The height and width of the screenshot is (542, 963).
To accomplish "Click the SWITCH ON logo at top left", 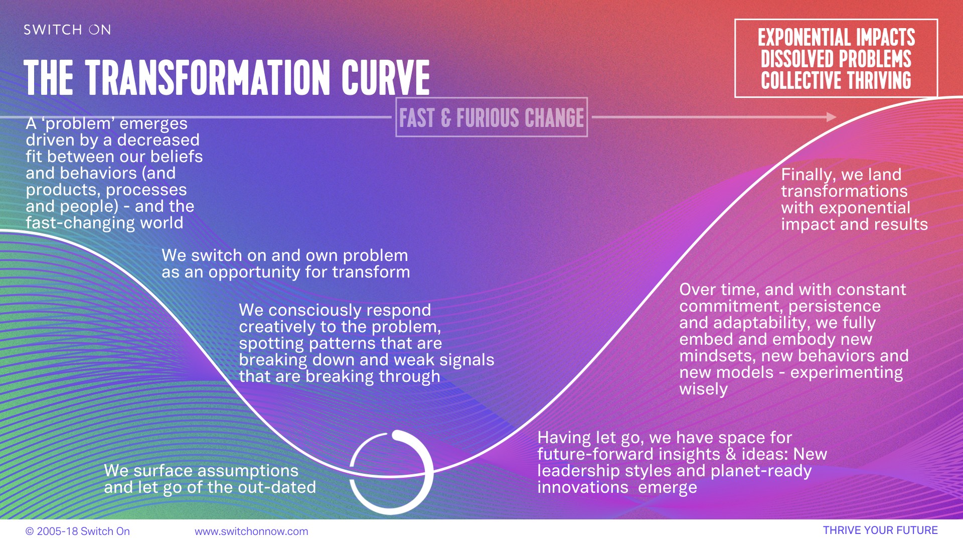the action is pos(67,30).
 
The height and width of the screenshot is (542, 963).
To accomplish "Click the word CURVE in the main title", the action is pos(386,78).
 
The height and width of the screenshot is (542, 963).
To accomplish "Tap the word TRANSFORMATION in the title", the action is pos(208,78).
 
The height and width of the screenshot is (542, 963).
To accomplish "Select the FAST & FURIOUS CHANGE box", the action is pos(492,117).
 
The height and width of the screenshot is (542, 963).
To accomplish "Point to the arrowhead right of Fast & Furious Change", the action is pos(831,117).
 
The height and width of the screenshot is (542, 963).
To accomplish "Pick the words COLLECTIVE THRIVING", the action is pos(836,80).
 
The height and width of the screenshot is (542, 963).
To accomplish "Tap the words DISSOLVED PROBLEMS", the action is pos(836,59).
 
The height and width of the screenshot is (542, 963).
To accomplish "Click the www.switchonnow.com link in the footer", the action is pos(251,531).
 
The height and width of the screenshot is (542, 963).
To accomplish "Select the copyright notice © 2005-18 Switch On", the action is pos(78,531).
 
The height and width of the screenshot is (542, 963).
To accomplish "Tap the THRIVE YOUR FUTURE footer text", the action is pos(880,530).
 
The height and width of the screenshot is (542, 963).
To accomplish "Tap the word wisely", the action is pos(703,389).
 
